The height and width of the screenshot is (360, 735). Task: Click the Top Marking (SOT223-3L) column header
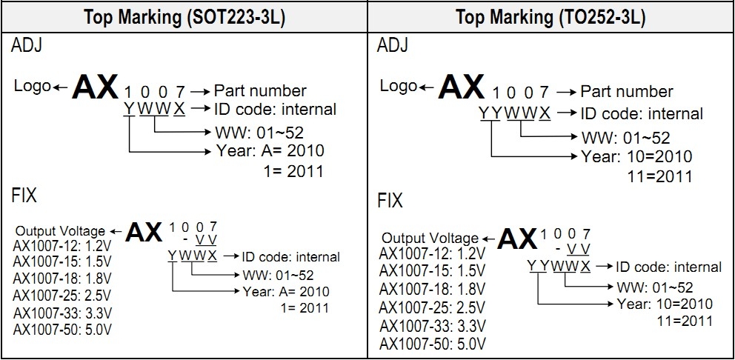point(184,17)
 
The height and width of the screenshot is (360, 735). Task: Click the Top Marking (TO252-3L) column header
point(550,17)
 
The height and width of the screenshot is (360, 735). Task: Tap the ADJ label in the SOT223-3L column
point(27,46)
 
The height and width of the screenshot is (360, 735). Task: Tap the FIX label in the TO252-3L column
point(390,201)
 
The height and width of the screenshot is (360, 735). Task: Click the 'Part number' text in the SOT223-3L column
point(260,91)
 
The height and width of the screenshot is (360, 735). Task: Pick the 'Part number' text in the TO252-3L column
point(626,92)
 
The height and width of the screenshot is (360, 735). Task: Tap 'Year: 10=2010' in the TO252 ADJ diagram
point(636,157)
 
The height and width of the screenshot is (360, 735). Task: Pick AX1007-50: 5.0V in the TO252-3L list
point(433,344)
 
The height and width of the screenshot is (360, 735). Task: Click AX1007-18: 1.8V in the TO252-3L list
point(433,288)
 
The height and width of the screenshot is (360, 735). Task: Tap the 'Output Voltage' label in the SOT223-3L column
point(60,231)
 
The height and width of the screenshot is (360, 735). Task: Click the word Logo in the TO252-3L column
point(399,87)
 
